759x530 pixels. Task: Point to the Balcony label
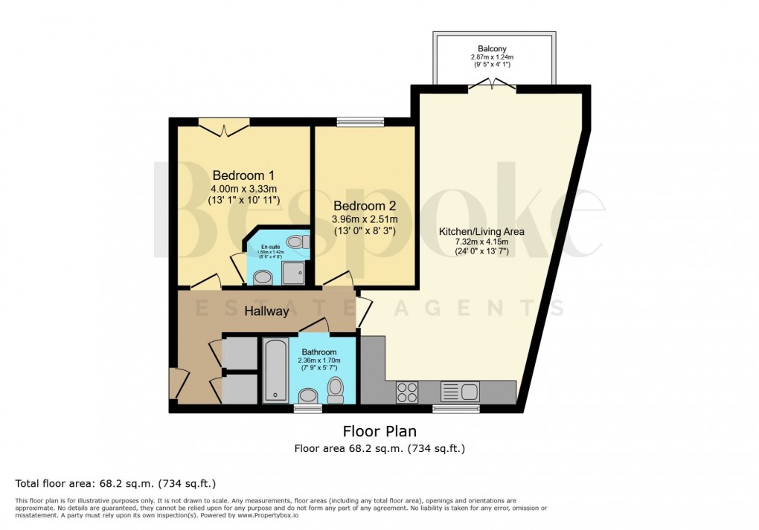pyautogui.click(x=493, y=49)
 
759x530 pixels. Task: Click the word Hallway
pyautogui.click(x=266, y=311)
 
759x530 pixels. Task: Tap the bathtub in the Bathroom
pyautogui.click(x=275, y=369)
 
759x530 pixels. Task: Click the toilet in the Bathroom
pyautogui.click(x=336, y=389)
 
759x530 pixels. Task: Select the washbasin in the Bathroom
pyautogui.click(x=308, y=395)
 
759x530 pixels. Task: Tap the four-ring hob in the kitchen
pyautogui.click(x=407, y=391)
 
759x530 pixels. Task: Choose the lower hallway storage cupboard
pyautogui.click(x=240, y=389)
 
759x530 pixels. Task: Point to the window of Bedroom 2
pyautogui.click(x=360, y=122)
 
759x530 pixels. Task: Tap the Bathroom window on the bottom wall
pyautogui.click(x=307, y=408)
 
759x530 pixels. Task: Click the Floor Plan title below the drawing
pyautogui.click(x=379, y=431)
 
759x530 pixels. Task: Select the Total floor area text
pyautogui.click(x=115, y=484)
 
